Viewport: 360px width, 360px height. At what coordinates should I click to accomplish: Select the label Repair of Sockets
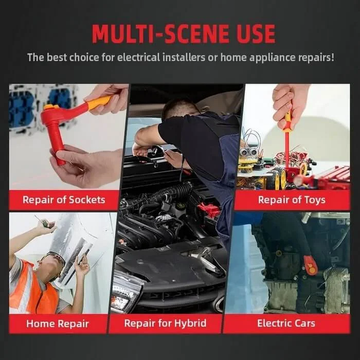click(64, 200)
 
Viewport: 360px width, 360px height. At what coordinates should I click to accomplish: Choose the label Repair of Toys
click(292, 200)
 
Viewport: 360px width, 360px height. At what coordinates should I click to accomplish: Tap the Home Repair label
click(58, 323)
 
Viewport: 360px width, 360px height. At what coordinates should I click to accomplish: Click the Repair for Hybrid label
click(165, 323)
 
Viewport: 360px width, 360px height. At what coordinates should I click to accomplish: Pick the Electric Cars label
click(286, 323)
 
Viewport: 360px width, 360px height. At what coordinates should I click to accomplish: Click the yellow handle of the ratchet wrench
click(99, 103)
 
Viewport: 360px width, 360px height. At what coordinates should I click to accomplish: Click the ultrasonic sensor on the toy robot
click(248, 152)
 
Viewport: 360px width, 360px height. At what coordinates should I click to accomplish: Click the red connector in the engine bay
click(208, 209)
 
